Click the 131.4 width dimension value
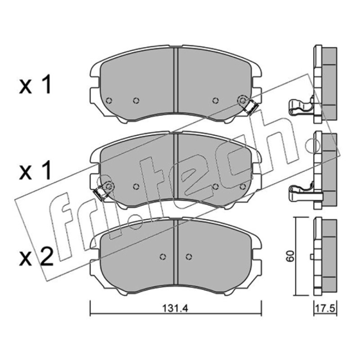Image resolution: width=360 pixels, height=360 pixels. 175,309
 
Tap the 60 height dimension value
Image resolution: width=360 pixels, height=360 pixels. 290,256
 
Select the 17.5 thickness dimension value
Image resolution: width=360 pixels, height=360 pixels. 325,309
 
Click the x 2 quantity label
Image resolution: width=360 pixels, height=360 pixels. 36,257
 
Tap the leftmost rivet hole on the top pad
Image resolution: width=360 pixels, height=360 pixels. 109,100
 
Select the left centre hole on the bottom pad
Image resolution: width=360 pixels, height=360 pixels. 163,256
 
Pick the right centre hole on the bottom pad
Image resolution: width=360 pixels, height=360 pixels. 189,256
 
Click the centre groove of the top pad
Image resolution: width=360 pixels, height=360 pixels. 176,80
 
